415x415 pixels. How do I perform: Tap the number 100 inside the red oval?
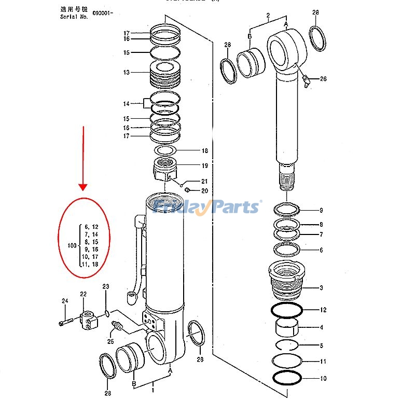coord(73,245)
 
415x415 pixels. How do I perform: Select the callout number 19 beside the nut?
coord(204,166)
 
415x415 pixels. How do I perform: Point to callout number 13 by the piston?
coord(126,73)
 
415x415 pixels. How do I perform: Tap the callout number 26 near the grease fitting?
coord(323,79)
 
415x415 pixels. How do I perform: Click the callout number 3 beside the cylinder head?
coord(321,287)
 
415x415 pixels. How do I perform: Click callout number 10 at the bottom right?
coord(323,379)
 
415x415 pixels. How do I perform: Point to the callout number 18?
coord(204,151)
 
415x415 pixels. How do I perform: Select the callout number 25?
coord(110,341)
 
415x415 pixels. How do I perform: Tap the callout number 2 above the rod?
coord(268,16)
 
